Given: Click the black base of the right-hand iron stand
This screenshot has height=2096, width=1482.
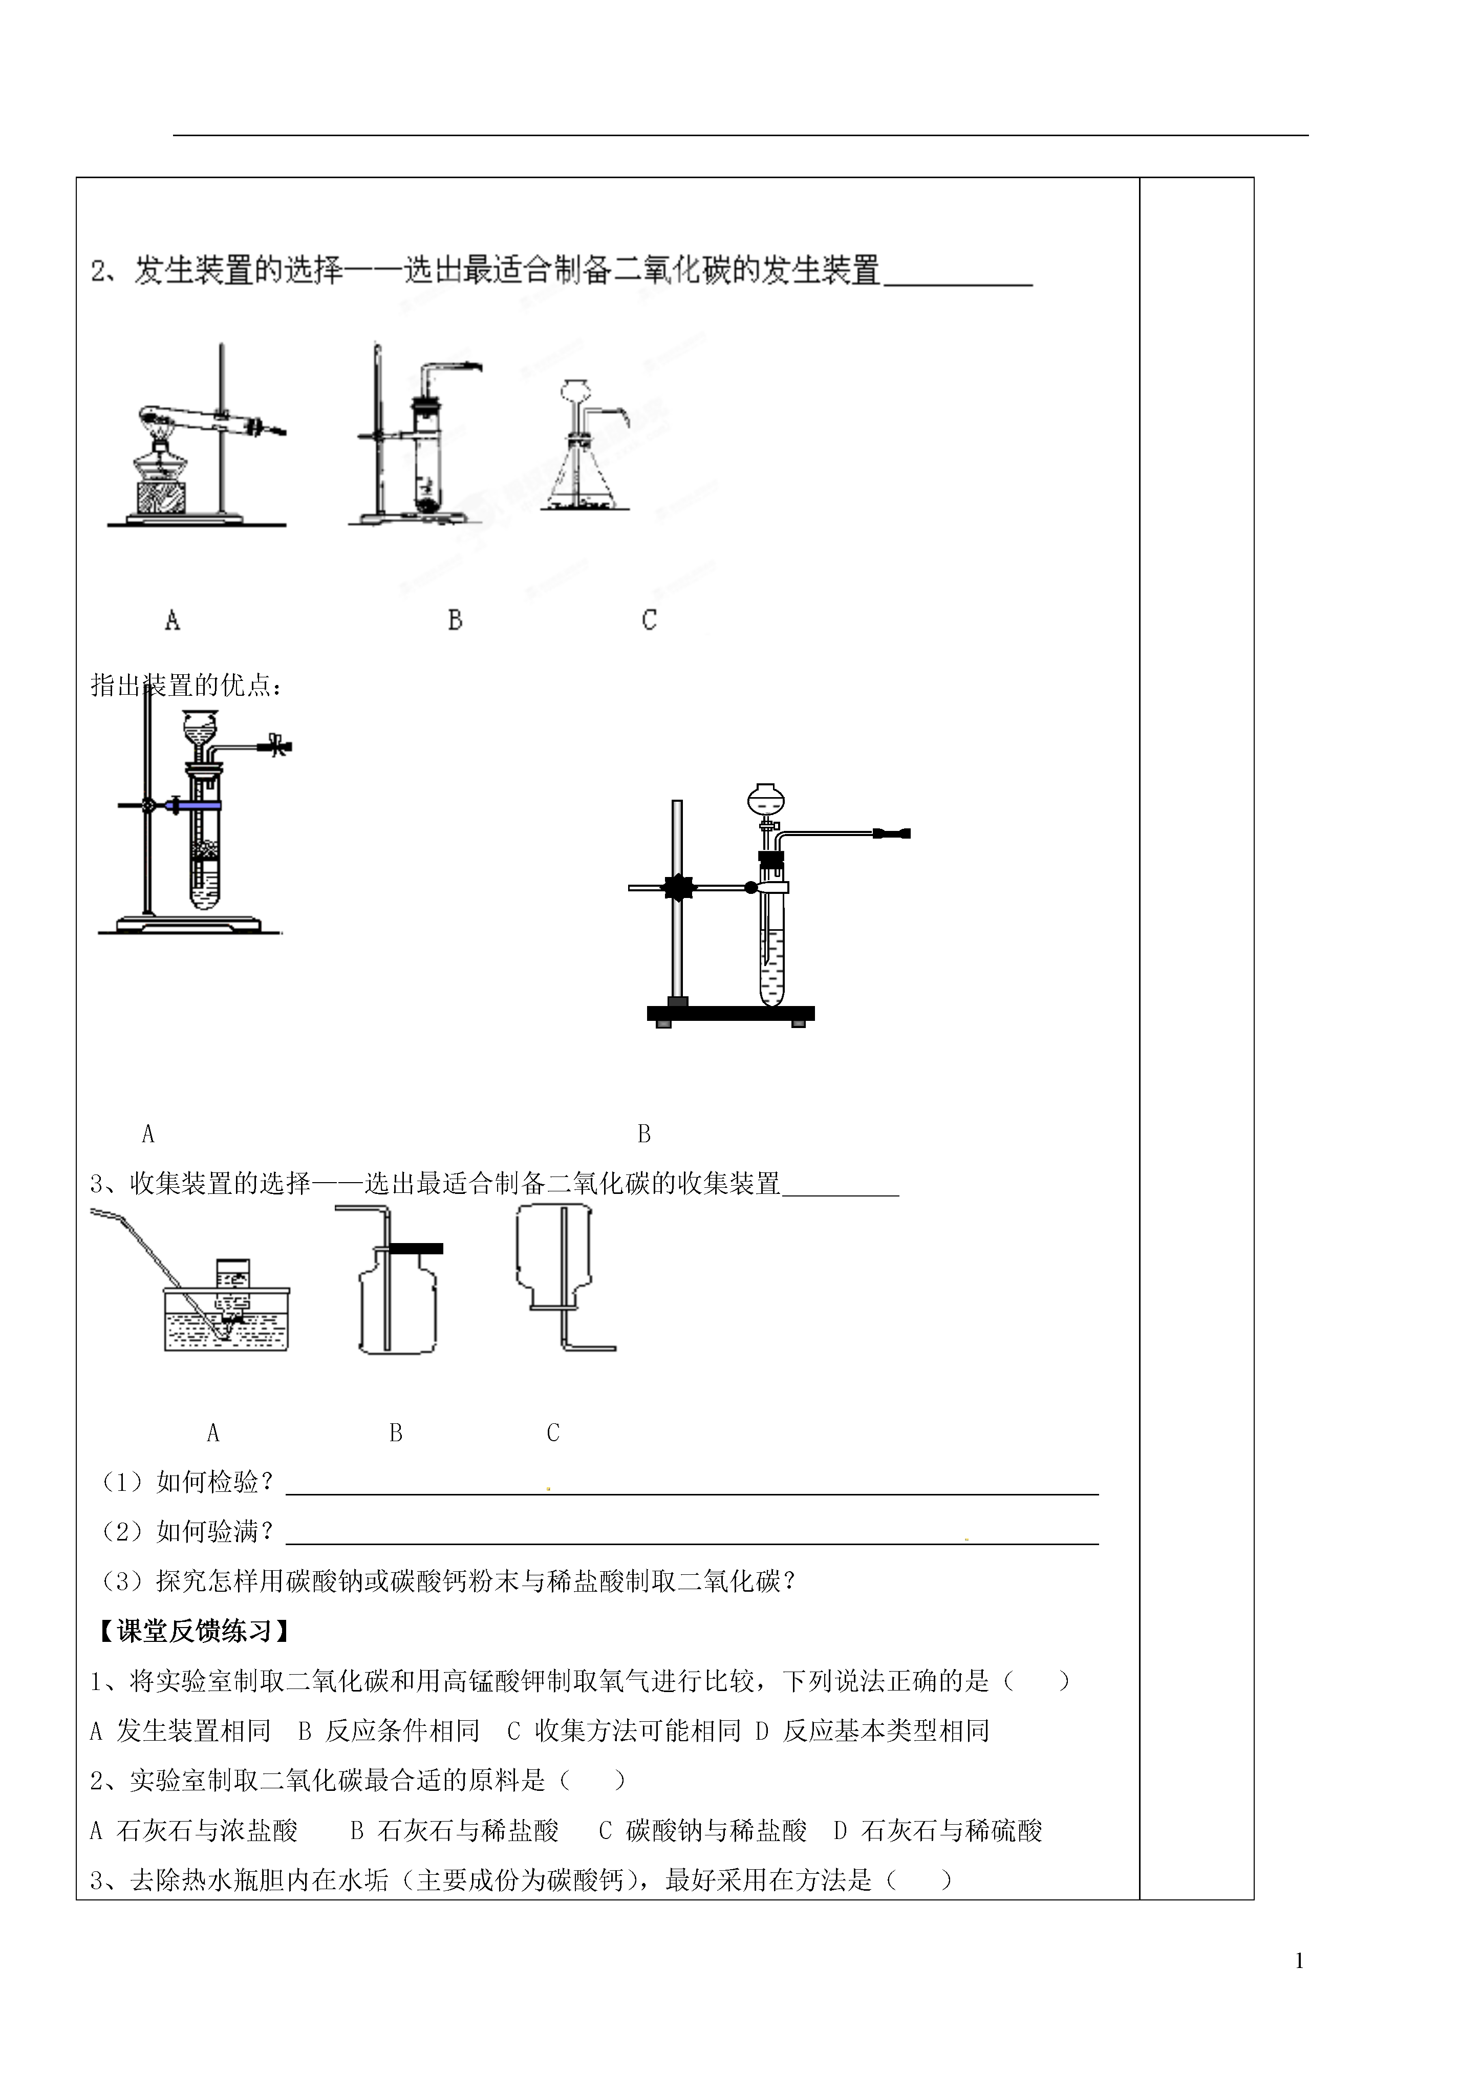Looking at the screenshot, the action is click(x=730, y=1012).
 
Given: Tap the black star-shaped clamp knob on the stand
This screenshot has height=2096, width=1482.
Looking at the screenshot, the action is click(x=678, y=886).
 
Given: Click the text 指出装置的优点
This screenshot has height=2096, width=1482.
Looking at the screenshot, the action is click(x=186, y=685).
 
